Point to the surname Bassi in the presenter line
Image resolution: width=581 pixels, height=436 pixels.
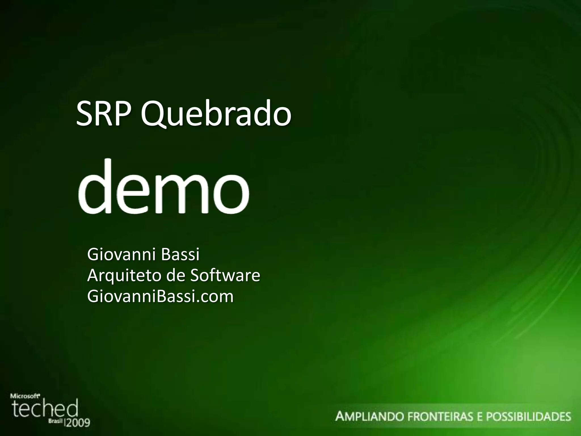(x=180, y=255)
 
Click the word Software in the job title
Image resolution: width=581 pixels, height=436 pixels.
(x=225, y=275)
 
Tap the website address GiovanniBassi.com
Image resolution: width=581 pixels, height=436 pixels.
(x=160, y=296)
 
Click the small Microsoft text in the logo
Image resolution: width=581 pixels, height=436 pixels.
(x=25, y=395)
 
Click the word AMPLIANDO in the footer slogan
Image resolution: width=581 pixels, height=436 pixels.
(x=370, y=417)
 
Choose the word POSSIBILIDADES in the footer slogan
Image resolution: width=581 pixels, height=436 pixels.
(x=528, y=417)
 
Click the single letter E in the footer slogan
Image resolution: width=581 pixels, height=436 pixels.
(x=479, y=417)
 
